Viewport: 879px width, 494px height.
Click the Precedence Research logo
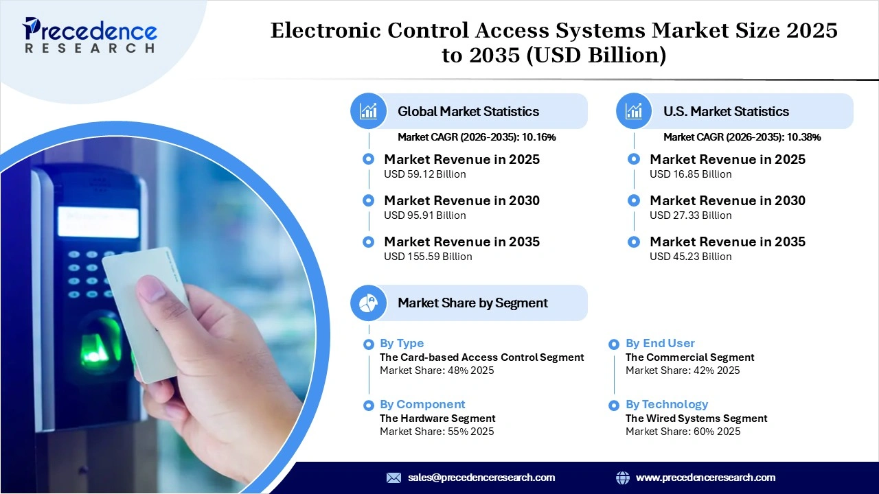(x=90, y=34)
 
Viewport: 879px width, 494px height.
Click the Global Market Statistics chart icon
(x=369, y=111)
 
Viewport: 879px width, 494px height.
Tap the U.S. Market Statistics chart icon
(x=634, y=111)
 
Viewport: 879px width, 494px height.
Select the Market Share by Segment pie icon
(x=369, y=303)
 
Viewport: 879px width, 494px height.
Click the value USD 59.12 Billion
(x=425, y=174)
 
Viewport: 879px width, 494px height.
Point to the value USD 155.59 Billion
(x=428, y=257)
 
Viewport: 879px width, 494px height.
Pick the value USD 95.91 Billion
(x=425, y=215)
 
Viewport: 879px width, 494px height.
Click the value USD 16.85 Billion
(x=691, y=174)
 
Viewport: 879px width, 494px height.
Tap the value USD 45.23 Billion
(x=691, y=257)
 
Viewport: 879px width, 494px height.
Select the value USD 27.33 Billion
(x=691, y=215)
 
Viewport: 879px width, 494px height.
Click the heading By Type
(x=402, y=343)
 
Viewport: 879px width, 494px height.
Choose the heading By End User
(x=660, y=343)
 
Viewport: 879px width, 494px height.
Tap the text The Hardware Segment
(x=437, y=419)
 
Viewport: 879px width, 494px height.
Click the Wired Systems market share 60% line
(x=683, y=432)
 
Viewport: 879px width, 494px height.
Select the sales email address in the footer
(x=481, y=478)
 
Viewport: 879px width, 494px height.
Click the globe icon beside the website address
(x=623, y=478)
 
